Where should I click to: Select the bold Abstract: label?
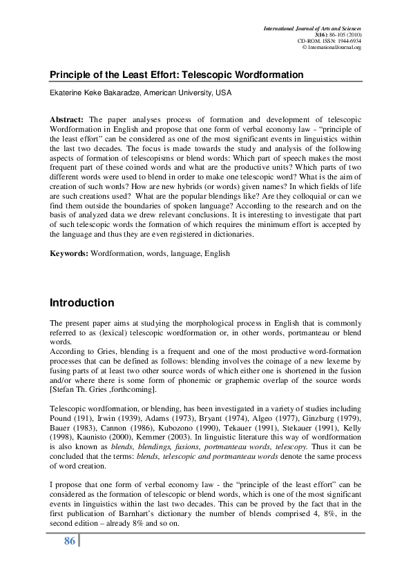69,118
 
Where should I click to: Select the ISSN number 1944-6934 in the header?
346,41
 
